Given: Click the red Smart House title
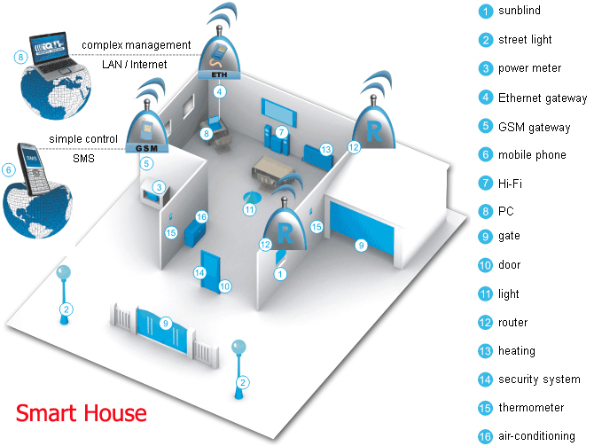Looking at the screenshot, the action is coord(81,413).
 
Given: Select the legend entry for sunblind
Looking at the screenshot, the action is coord(510,11).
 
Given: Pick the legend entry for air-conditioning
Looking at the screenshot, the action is coord(527,436).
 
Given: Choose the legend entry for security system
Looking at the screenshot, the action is coord(529,379).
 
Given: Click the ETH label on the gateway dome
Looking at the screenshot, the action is coord(219,74).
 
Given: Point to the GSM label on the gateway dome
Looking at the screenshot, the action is coord(146,148).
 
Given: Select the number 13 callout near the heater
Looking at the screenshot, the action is coord(325,150).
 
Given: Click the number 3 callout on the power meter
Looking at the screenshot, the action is coord(159,187).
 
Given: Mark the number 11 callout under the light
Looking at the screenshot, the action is coord(249,209).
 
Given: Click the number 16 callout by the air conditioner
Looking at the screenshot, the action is coord(201,216).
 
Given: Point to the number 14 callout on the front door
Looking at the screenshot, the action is coord(199,272).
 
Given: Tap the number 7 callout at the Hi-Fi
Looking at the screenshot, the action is coord(281,132).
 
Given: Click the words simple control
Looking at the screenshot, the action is coord(83,139).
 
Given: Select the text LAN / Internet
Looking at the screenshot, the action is coord(135,65).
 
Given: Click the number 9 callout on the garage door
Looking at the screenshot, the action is coord(361,246).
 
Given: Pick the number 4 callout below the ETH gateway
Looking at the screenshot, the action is coord(219,91).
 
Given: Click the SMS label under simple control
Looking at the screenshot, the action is coord(83,159).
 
